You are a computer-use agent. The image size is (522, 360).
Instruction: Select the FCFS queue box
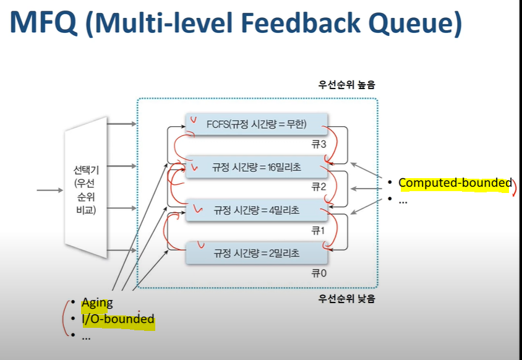pyautogui.click(x=257, y=123)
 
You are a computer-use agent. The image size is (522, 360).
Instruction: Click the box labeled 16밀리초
pyautogui.click(x=257, y=166)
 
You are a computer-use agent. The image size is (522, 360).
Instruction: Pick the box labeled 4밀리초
pyautogui.click(x=257, y=210)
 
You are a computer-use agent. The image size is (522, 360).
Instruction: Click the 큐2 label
pyautogui.click(x=318, y=187)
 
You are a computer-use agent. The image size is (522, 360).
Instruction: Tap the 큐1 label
pyautogui.click(x=318, y=230)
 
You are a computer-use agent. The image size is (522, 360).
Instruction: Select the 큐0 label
pyautogui.click(x=318, y=273)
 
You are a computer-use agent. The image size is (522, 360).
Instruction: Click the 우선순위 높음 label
pyautogui.click(x=346, y=84)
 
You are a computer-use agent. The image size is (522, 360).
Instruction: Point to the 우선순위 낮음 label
pyautogui.click(x=346, y=299)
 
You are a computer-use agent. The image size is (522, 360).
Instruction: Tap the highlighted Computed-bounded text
pyautogui.click(x=455, y=182)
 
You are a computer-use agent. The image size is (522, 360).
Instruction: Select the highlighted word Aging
pyautogui.click(x=97, y=302)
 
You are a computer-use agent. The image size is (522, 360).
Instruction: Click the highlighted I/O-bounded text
pyautogui.click(x=118, y=319)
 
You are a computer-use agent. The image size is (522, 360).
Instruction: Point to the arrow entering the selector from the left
pyautogui.click(x=49, y=189)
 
